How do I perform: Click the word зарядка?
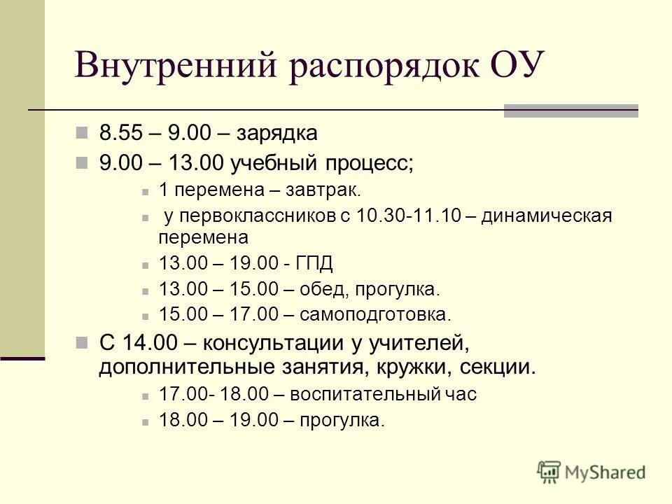(278, 133)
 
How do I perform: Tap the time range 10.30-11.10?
(408, 216)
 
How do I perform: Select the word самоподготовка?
(375, 314)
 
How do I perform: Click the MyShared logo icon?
(550, 472)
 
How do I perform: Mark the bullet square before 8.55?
(83, 132)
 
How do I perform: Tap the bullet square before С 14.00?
(83, 343)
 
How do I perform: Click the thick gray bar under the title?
(571, 111)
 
